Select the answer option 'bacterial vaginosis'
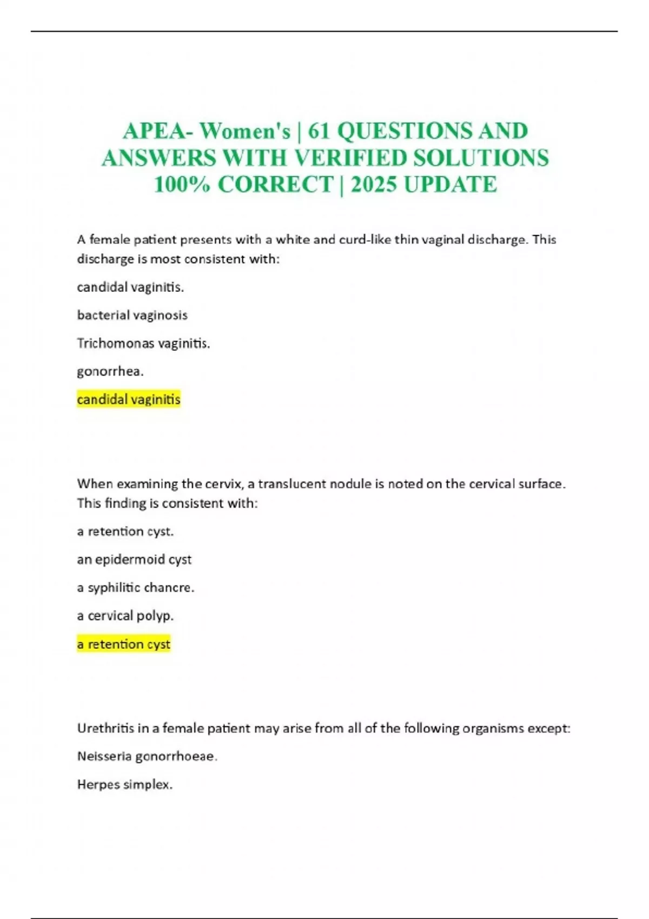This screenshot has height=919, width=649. [x=132, y=315]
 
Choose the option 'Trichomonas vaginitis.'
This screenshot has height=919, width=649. [x=143, y=343]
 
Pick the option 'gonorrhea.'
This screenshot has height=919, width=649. [x=110, y=371]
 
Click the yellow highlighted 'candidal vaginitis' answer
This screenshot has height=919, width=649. [x=129, y=399]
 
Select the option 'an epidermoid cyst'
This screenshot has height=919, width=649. [x=134, y=560]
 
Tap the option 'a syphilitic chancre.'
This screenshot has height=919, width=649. [x=135, y=588]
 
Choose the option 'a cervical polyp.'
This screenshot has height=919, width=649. [x=125, y=616]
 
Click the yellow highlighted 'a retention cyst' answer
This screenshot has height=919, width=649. [x=124, y=644]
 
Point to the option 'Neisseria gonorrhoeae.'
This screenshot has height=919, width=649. [x=147, y=756]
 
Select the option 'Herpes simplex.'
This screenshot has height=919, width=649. [x=125, y=784]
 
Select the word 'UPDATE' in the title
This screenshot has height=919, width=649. [x=450, y=185]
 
